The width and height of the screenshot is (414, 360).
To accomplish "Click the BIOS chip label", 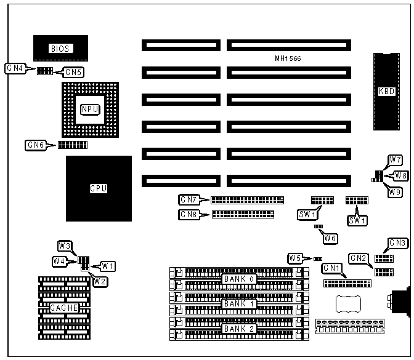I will tap(60, 47).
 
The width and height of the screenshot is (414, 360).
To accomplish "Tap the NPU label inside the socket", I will tap(90, 110).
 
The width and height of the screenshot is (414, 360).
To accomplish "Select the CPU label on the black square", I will tap(98, 188).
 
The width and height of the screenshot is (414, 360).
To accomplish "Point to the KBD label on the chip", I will tap(386, 92).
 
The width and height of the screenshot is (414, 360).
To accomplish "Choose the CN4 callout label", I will tap(15, 68).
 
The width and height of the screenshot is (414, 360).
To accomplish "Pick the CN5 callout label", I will tap(73, 72).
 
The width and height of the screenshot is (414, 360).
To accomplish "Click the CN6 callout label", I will tap(35, 145).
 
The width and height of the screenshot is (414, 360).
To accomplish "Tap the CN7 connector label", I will tap(188, 199).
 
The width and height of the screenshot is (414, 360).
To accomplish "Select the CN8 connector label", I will tap(188, 215).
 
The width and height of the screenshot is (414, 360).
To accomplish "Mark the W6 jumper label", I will tap(331, 238).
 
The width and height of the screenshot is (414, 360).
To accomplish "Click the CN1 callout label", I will tap(332, 268).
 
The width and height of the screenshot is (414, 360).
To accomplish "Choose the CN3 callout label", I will tap(397, 242).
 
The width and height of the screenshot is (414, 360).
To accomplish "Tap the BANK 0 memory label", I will tap(239, 279).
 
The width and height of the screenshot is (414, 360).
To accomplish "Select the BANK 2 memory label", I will tap(239, 329).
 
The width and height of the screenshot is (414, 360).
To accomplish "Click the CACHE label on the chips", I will tap(64, 308).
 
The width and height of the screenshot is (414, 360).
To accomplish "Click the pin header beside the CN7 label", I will tap(247, 199).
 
